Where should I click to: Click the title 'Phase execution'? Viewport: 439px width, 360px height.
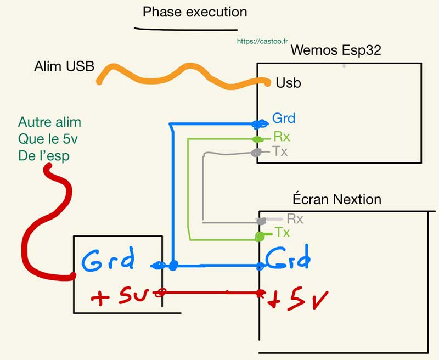point(194,12)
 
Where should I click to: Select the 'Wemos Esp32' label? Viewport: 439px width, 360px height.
point(336,50)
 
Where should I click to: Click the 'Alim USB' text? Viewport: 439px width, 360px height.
point(64,66)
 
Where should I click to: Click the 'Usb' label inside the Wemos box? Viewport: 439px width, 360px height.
point(288,83)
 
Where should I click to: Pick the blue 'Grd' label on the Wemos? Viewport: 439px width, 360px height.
point(284,118)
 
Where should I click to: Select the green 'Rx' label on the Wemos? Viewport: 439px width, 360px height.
point(282,137)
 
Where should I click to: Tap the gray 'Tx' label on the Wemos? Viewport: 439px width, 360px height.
point(280,151)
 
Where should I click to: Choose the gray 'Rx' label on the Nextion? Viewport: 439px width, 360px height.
point(295,219)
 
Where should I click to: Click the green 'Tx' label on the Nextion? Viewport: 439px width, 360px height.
point(283,233)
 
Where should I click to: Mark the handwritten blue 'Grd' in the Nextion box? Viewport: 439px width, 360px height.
point(289,257)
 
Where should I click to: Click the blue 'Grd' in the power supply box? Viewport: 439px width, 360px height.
point(108,261)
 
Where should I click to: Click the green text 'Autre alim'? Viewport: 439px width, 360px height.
point(49,122)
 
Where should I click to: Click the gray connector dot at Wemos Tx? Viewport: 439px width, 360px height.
point(256,153)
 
